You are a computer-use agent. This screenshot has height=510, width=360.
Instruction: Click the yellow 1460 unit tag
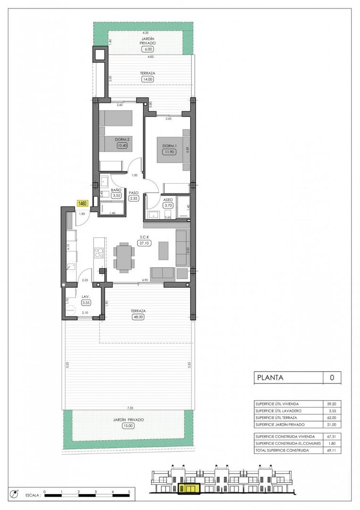click(x=82, y=203)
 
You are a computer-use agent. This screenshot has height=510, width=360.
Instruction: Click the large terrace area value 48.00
click(x=139, y=317)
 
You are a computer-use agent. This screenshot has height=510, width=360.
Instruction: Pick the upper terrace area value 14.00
click(x=148, y=79)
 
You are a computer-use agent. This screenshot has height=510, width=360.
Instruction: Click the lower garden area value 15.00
click(x=128, y=425)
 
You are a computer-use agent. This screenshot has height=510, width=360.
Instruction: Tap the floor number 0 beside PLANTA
click(x=332, y=378)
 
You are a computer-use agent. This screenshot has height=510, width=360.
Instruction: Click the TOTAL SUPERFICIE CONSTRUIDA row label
click(x=282, y=450)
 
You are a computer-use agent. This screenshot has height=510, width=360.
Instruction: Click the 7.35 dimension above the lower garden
click(x=129, y=407)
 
